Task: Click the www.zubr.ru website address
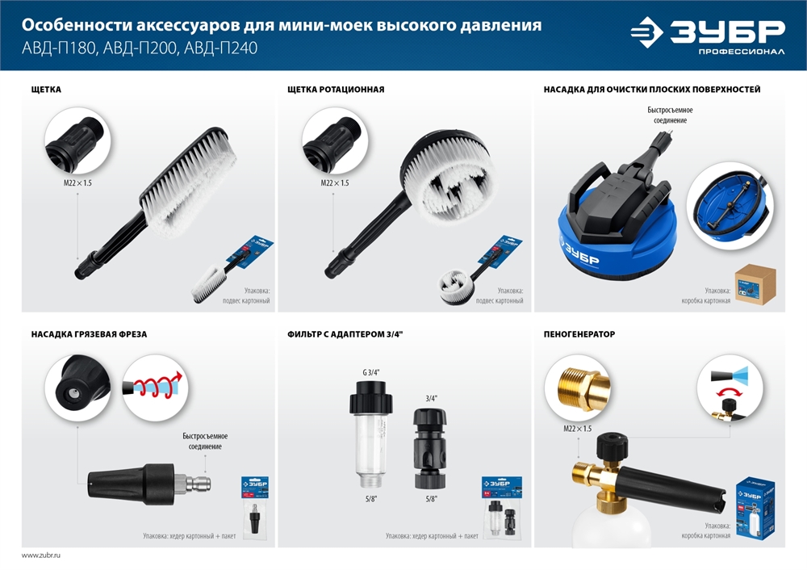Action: [x=41, y=555]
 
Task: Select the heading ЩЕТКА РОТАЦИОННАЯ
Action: [x=335, y=89]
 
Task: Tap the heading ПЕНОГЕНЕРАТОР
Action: [x=579, y=333]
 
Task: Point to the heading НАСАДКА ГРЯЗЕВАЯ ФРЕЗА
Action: [x=89, y=333]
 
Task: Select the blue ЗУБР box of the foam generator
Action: [x=754, y=506]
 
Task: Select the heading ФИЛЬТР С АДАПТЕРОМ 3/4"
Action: [x=345, y=333]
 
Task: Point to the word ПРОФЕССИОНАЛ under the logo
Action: [x=742, y=52]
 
